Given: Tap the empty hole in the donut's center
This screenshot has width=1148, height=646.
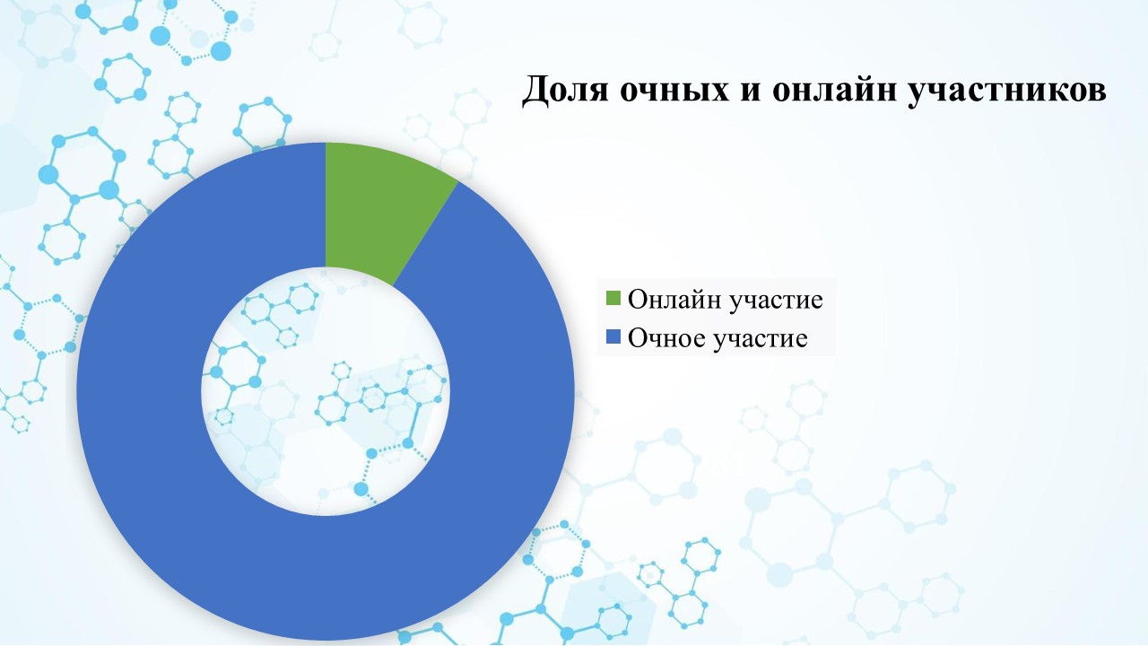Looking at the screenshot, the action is coord(326,391).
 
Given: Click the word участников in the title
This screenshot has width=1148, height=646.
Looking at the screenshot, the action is coord(1006,92).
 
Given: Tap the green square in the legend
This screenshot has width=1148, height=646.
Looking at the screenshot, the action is coord(613,298).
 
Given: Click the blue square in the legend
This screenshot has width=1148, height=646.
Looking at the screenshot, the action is coord(613,336).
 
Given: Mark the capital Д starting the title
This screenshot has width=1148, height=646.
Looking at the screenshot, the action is coord(535,92).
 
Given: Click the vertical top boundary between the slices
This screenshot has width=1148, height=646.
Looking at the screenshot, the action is coord(326,205).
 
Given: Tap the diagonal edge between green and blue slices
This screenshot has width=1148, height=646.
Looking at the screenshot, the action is coord(425,234).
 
